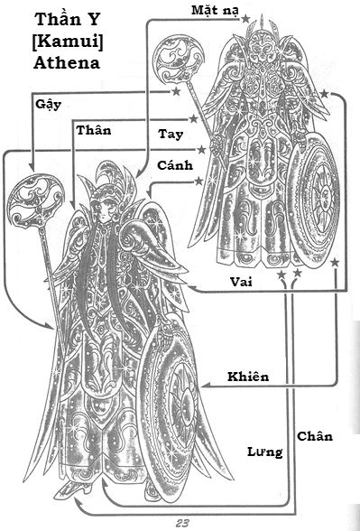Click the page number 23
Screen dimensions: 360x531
coord(183,523)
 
